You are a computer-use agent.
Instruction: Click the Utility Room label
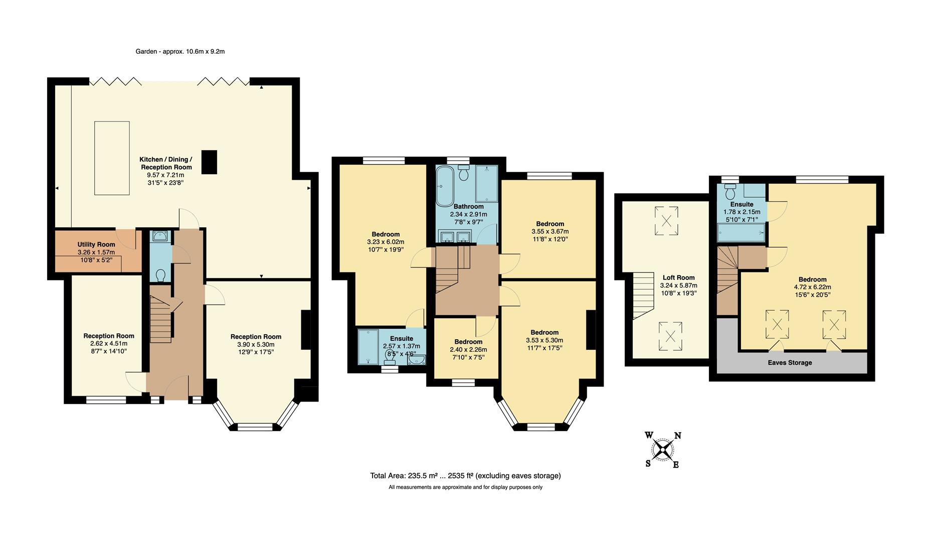[96, 244]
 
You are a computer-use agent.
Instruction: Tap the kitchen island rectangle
[112, 158]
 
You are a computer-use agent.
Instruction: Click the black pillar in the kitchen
[209, 162]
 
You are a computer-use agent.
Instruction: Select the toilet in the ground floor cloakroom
[161, 276]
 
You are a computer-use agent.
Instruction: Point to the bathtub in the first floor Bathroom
[444, 187]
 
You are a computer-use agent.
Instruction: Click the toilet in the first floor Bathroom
[463, 174]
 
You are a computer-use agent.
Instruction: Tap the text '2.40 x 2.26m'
[468, 350]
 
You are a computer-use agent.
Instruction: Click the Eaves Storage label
[790, 362]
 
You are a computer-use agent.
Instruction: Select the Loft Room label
[678, 278]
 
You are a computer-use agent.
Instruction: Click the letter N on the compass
[677, 436]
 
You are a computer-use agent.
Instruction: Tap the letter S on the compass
[648, 463]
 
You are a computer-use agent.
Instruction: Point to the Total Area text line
[465, 476]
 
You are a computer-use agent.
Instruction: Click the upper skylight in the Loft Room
[666, 221]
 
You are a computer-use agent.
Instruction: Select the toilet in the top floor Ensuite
[730, 192]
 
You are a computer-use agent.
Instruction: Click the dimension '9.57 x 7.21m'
[165, 175]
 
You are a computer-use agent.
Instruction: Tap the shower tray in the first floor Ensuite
[368, 346]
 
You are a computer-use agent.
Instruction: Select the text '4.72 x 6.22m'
[812, 287]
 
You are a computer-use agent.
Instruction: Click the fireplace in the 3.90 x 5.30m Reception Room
[305, 330]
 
